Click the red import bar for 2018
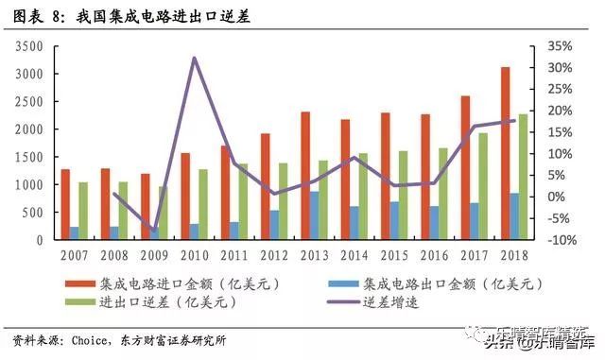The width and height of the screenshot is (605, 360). (x=506, y=153)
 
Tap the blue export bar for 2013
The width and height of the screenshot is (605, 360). (x=314, y=215)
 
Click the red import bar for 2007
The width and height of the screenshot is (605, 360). (x=65, y=204)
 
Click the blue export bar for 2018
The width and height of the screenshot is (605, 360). (x=514, y=216)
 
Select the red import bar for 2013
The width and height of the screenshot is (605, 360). (x=305, y=176)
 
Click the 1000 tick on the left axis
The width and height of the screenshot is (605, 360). (x=31, y=184)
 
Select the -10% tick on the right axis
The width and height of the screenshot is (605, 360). (x=560, y=239)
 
